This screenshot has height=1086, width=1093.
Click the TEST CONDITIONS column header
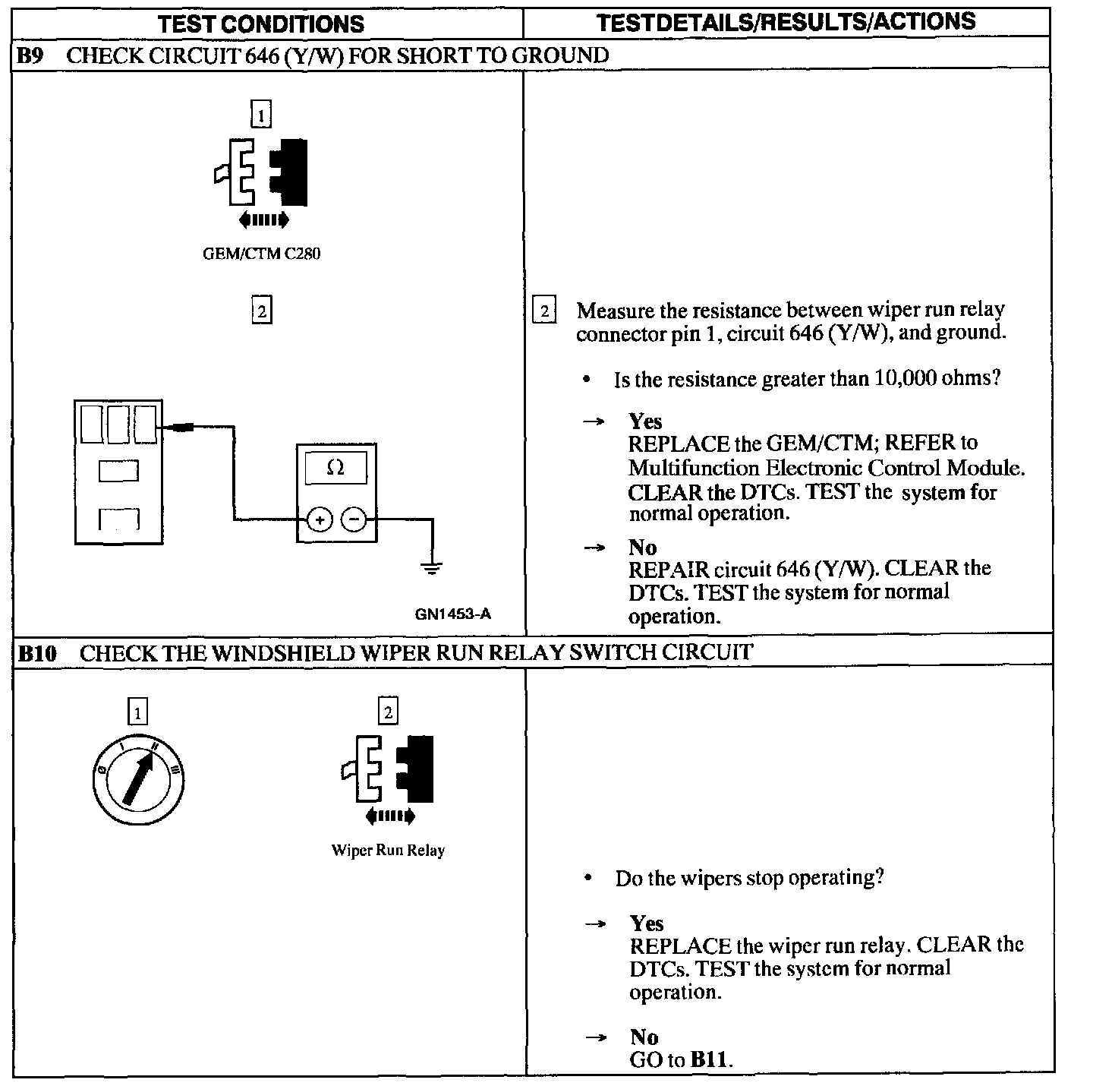point(261,24)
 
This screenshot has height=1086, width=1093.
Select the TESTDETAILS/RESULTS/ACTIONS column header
point(786,22)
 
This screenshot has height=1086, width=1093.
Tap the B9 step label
point(31,55)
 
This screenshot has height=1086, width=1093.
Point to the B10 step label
point(36,653)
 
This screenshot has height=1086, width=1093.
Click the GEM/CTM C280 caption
point(261,254)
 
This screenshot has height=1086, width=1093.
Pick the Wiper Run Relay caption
point(388,851)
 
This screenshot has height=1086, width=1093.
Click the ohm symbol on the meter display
point(335,469)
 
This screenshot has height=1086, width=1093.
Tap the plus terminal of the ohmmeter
point(320,520)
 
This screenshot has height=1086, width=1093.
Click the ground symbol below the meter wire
point(431,568)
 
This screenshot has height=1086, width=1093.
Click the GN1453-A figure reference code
point(452,614)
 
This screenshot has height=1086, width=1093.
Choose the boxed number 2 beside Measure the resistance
point(544,311)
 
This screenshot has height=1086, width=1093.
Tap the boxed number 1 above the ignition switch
point(137,712)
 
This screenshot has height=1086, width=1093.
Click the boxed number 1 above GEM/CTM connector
point(261,115)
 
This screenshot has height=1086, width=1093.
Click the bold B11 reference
point(710,1060)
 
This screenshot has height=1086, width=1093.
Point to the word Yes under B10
point(646,923)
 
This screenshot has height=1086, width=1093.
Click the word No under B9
point(642,547)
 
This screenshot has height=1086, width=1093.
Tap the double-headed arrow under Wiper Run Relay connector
point(390,817)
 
